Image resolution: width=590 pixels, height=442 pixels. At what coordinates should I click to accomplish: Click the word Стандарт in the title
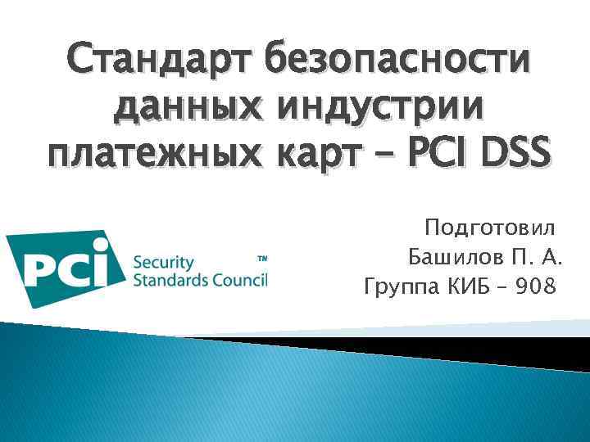pos(161,62)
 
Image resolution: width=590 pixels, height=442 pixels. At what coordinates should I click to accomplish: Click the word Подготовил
pos(489,228)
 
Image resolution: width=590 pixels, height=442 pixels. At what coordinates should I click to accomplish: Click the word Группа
pos(402,288)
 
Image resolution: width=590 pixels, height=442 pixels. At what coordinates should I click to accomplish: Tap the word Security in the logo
pos(163,263)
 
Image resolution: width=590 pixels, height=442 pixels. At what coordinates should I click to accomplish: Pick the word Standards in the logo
pos(169,280)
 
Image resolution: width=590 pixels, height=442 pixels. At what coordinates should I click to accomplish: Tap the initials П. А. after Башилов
pos(537,259)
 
